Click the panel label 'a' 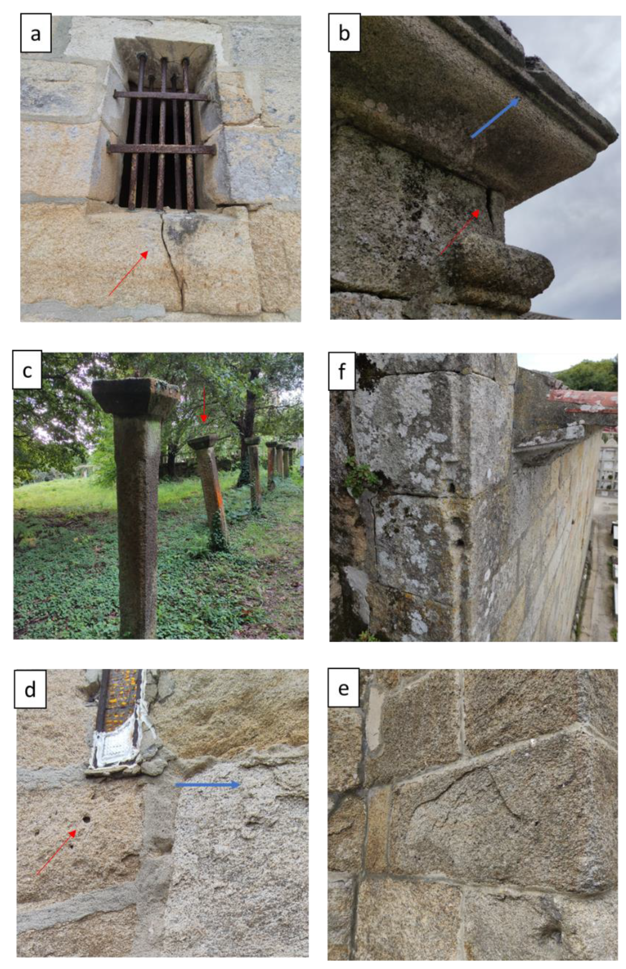coord(36,33)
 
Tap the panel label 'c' coord(27,369)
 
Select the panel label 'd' coord(30,689)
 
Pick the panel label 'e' coord(343,688)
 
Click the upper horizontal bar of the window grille coord(162,96)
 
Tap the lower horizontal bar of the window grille coord(161,149)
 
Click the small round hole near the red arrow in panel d coord(86,819)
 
